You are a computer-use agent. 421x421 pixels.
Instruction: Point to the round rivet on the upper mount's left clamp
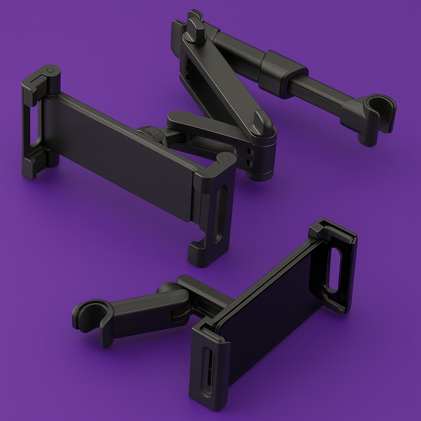point(50,71)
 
